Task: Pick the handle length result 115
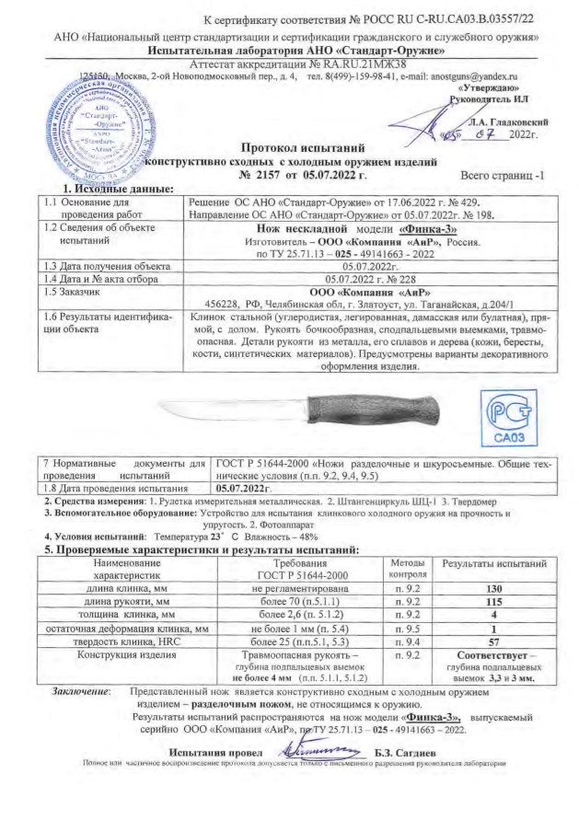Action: (493, 602)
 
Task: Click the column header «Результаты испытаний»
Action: (493, 560)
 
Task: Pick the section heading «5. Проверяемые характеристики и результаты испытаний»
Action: (203, 549)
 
